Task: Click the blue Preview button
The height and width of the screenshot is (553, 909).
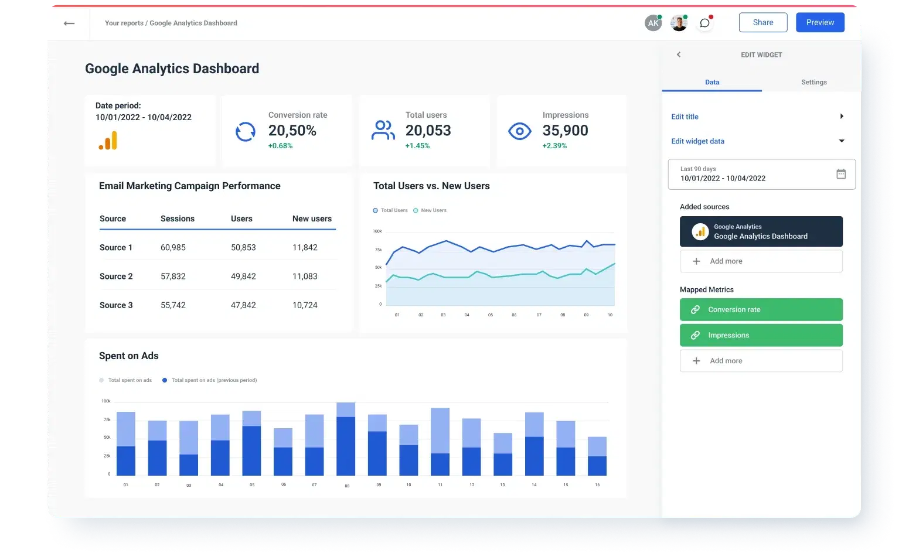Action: point(819,22)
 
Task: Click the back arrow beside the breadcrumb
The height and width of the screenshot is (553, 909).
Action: point(69,23)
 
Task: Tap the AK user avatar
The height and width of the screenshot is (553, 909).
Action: point(652,23)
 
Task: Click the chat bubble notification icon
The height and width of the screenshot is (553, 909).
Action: point(704,23)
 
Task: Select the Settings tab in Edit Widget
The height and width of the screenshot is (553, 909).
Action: point(813,82)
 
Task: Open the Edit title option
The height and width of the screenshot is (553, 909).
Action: point(685,117)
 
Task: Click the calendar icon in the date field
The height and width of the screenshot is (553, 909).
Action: point(840,174)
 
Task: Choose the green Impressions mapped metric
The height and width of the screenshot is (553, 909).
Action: point(761,335)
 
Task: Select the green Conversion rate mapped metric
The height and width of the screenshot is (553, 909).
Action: point(761,309)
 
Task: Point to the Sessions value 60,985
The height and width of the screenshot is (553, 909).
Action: point(173,248)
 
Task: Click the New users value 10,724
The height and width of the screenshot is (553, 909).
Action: point(305,305)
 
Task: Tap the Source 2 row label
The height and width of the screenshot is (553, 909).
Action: point(116,276)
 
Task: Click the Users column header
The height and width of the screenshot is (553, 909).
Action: point(241,219)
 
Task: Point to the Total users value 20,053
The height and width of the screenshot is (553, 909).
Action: point(428,131)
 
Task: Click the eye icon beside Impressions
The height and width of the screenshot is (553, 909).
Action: point(519,131)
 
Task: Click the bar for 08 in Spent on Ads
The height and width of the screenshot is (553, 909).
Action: point(346,439)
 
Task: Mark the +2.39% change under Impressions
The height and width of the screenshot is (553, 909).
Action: point(554,146)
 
